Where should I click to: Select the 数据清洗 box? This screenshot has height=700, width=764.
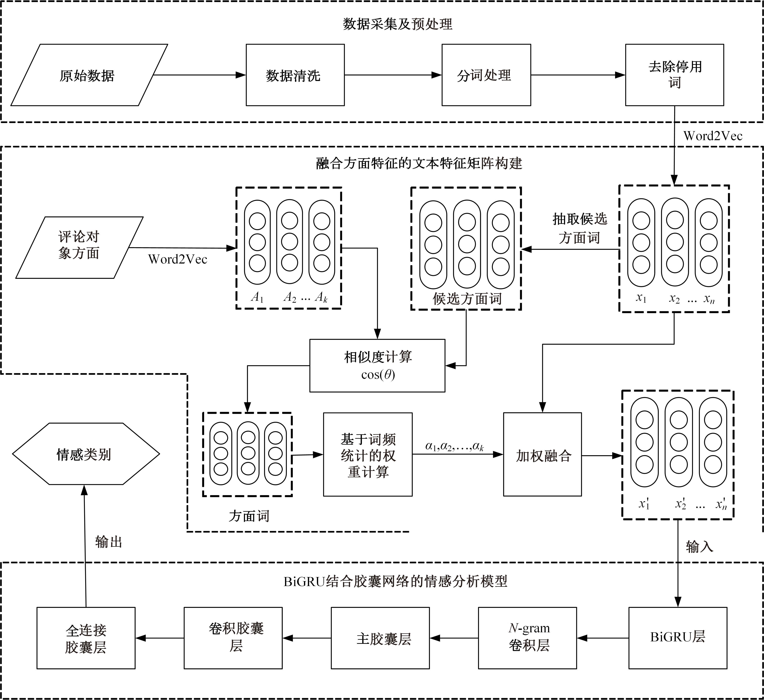coord(295,75)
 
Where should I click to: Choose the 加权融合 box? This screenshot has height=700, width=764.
coord(542,454)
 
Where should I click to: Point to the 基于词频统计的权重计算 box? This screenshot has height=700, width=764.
coord(368,454)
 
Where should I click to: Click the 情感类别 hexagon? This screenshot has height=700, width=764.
coord(86,454)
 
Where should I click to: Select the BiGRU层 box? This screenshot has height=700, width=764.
coord(678,638)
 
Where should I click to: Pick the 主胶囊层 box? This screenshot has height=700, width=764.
coord(380,638)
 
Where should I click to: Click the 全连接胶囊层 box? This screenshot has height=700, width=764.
coord(86,638)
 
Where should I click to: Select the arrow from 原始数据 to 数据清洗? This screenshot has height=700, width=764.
coord(199,75)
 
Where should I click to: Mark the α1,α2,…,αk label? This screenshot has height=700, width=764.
coord(454,446)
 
